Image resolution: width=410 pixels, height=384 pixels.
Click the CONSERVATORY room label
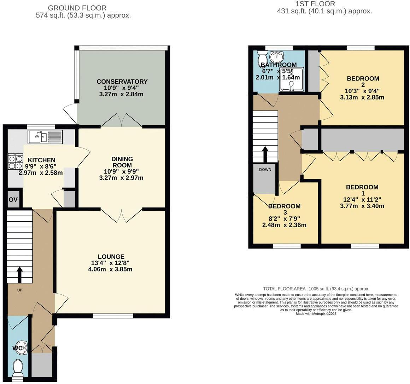122,82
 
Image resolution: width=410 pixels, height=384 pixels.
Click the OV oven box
13,200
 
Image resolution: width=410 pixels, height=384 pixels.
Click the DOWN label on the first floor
265,170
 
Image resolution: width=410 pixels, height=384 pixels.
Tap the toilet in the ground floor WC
17,369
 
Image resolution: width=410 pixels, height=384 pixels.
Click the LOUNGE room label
111,257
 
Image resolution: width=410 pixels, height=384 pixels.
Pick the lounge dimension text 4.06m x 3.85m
110,269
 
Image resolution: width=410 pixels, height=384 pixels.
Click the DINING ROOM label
122,162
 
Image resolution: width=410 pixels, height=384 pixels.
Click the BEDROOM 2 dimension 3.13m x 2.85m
362,97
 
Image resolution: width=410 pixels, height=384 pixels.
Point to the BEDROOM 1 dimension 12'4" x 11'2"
362,200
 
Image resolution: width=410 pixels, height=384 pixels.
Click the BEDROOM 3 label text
284,206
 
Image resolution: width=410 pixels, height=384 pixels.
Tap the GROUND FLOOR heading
77,8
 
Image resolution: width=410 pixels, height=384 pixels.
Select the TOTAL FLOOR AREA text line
316,289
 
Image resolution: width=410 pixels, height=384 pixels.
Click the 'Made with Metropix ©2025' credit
316,314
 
